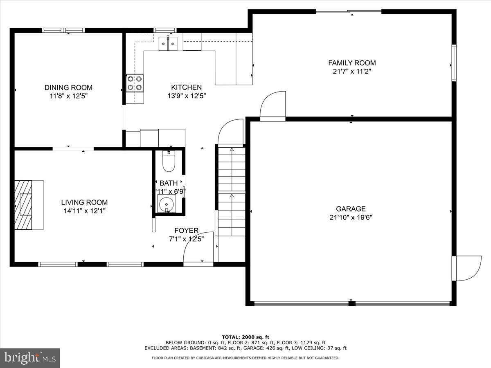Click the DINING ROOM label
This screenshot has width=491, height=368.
click(68, 88)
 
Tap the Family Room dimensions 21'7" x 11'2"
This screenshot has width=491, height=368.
click(352, 71)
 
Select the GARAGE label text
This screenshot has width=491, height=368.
click(351, 209)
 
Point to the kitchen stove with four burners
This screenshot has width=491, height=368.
click(135, 83)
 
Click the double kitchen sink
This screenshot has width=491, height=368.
click(168, 43)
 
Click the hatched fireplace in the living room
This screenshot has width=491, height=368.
click(23, 204)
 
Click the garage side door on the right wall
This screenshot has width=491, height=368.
click(467, 269)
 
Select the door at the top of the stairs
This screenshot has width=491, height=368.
click(231, 132)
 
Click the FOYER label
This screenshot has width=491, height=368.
click(187, 231)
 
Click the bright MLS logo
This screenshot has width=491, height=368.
click(30, 358)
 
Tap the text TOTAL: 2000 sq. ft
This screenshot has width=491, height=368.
click(245, 337)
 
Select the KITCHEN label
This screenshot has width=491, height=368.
click(186, 88)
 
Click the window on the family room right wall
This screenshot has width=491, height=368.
click(454, 63)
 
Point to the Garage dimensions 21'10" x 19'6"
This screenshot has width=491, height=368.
click(351, 218)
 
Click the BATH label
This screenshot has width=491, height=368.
click(169, 183)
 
